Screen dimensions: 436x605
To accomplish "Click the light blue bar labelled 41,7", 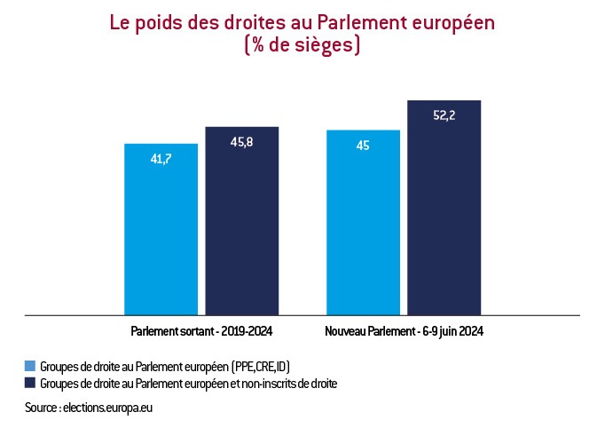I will coord(161,229).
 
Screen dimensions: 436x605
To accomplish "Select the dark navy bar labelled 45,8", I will coord(241,221).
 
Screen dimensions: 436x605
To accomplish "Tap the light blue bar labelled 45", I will coord(363,223).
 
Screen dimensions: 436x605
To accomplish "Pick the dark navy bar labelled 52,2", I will coord(444,208).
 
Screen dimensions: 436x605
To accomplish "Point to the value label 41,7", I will coord(161,160).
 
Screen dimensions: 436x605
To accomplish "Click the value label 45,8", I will coord(241,143).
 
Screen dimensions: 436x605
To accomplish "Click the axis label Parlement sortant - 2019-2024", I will coord(201,330).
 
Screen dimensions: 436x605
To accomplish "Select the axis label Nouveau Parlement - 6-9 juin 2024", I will coord(404,330).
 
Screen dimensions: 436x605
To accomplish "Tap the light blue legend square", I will coord(30,366).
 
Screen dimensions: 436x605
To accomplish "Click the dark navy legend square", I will coord(30,384).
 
